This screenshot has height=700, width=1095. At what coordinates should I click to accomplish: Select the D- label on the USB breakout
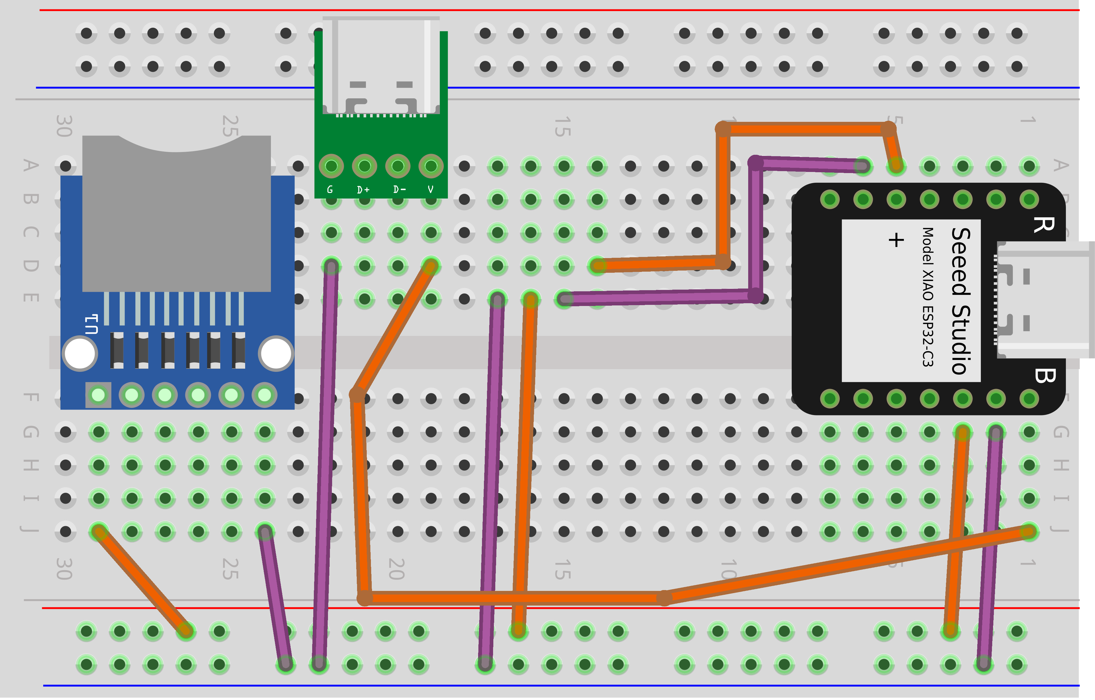(399, 189)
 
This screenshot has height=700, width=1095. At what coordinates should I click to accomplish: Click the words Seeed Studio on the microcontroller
(961, 301)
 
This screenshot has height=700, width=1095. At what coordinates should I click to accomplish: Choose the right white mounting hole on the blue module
(276, 354)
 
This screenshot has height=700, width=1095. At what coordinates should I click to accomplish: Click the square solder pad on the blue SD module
(98, 395)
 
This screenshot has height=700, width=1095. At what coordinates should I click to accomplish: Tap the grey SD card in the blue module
(176, 214)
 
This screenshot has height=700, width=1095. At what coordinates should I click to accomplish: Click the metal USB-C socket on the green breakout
(381, 66)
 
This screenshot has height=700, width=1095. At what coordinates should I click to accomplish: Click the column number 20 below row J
(396, 569)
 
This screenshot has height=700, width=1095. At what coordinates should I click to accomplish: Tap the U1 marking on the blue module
(91, 324)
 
